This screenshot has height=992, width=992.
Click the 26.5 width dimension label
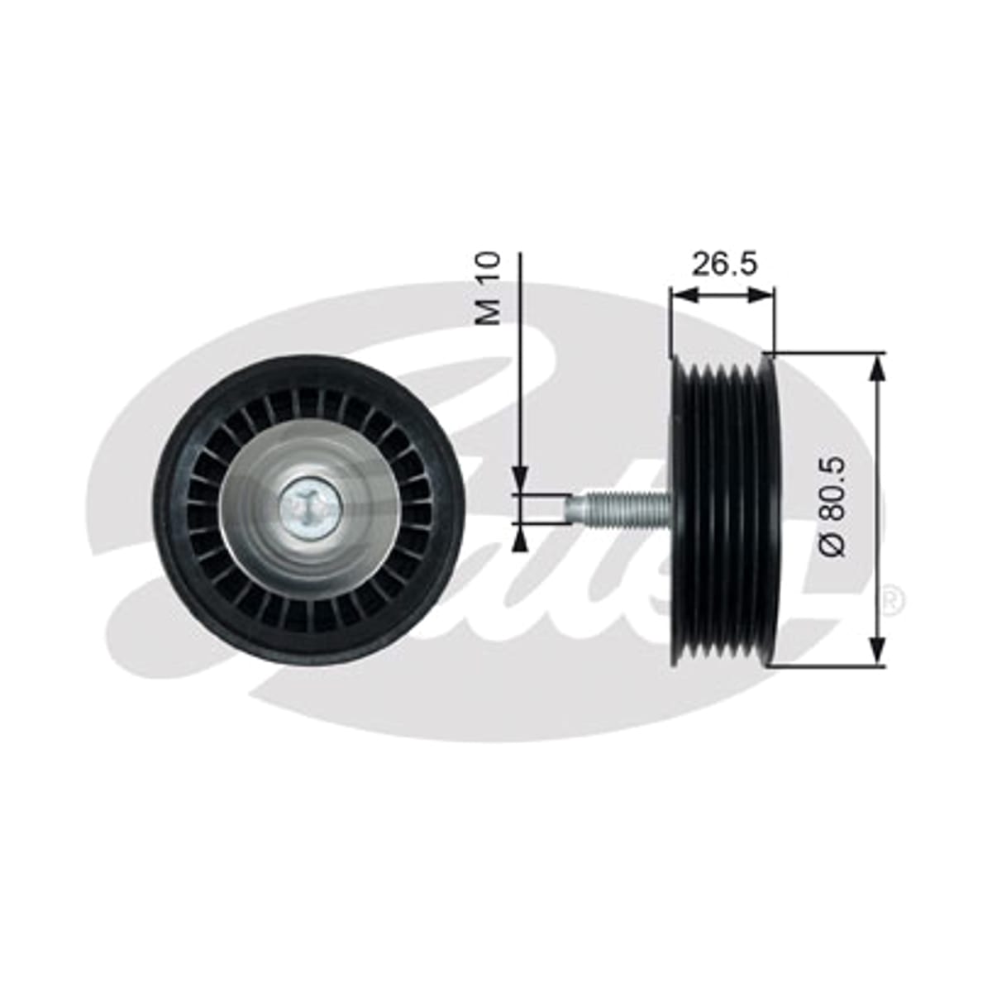coord(724,264)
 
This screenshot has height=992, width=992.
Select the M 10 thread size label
coord(488,289)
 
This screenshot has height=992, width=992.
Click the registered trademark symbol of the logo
coord(892,604)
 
